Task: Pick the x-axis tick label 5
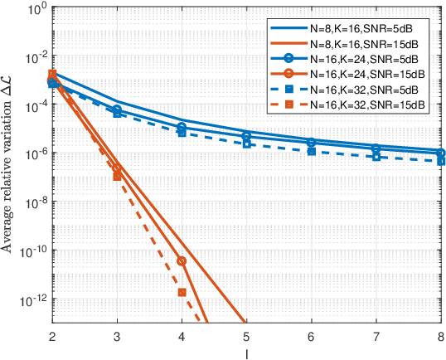click(246, 336)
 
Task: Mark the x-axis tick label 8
click(440, 336)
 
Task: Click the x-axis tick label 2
click(51, 336)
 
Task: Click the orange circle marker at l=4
click(182, 261)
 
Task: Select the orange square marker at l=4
click(182, 293)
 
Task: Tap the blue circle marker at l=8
click(440, 153)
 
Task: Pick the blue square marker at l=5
click(246, 144)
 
